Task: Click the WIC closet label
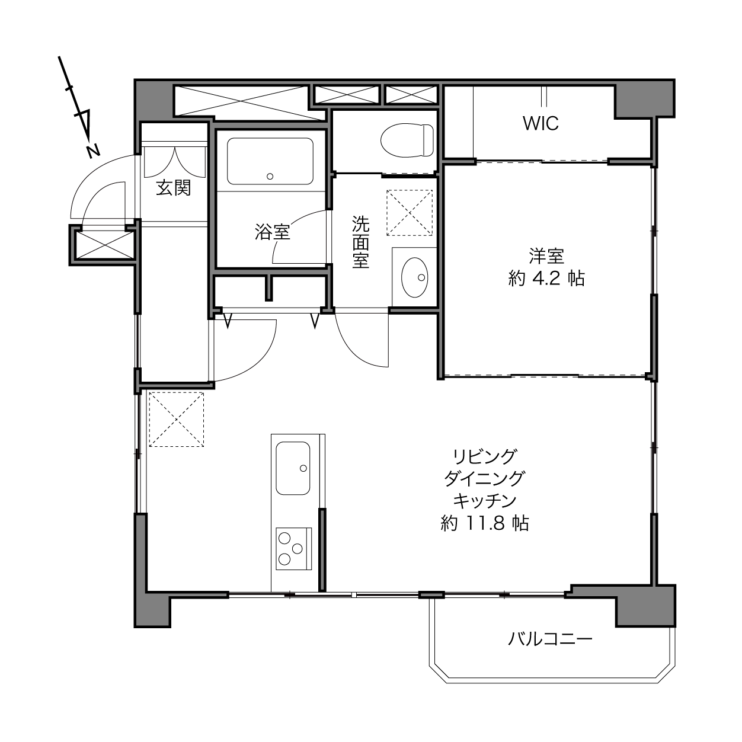click(540, 123)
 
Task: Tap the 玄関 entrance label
click(174, 188)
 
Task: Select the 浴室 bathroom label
click(272, 232)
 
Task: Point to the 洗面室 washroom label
click(361, 242)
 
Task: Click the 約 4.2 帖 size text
click(546, 278)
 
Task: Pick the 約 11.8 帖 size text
click(484, 523)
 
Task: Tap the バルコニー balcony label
click(550, 639)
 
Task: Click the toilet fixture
click(407, 140)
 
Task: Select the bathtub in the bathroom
click(270, 161)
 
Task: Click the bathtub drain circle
click(270, 177)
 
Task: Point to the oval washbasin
click(415, 277)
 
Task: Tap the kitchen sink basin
click(293, 468)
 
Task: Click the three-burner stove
click(293, 549)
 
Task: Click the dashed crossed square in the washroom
click(410, 213)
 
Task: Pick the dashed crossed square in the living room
click(177, 420)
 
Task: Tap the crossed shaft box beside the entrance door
click(104, 245)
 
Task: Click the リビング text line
click(484, 457)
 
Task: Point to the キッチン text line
click(484, 501)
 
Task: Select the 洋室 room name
click(546, 256)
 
